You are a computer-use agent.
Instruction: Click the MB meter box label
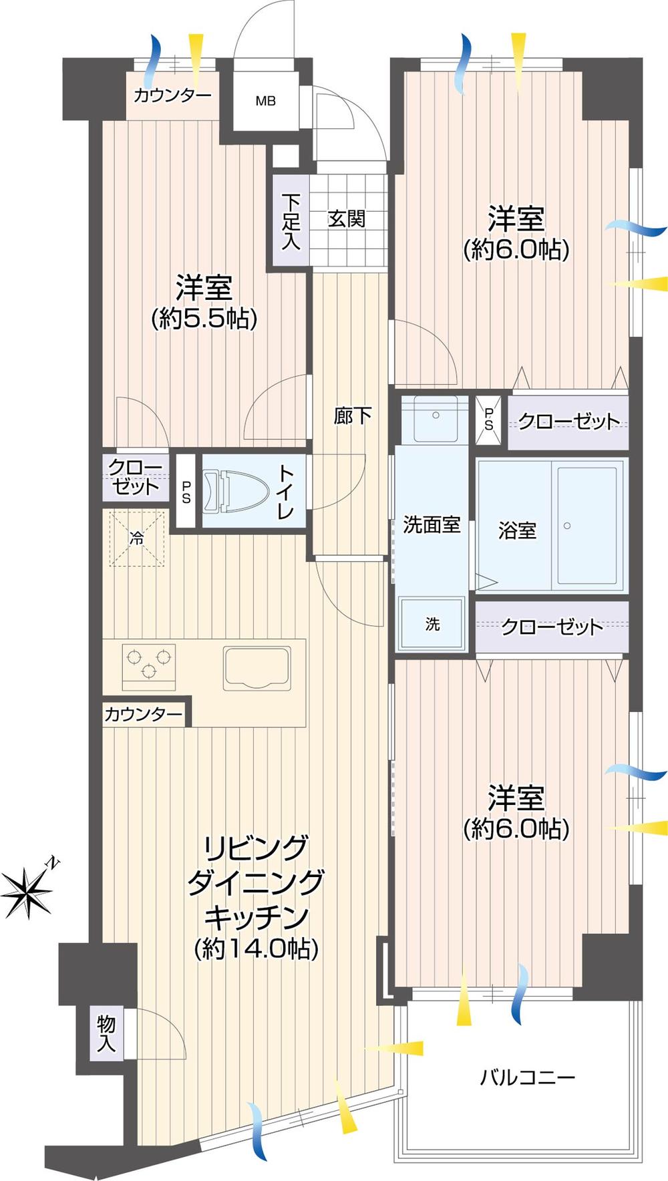[265, 102]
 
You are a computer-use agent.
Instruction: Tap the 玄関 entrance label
[347, 218]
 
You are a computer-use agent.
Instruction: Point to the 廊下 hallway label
[352, 416]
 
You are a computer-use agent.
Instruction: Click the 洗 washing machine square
[432, 625]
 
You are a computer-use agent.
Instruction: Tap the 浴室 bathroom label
[517, 530]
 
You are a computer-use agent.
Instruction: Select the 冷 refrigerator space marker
[136, 538]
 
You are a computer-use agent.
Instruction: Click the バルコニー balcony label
[528, 1077]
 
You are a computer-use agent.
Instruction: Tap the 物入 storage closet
[106, 1033]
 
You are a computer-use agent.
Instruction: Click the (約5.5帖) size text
[204, 319]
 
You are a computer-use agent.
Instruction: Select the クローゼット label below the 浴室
[552, 627]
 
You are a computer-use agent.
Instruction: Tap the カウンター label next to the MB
[172, 96]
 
